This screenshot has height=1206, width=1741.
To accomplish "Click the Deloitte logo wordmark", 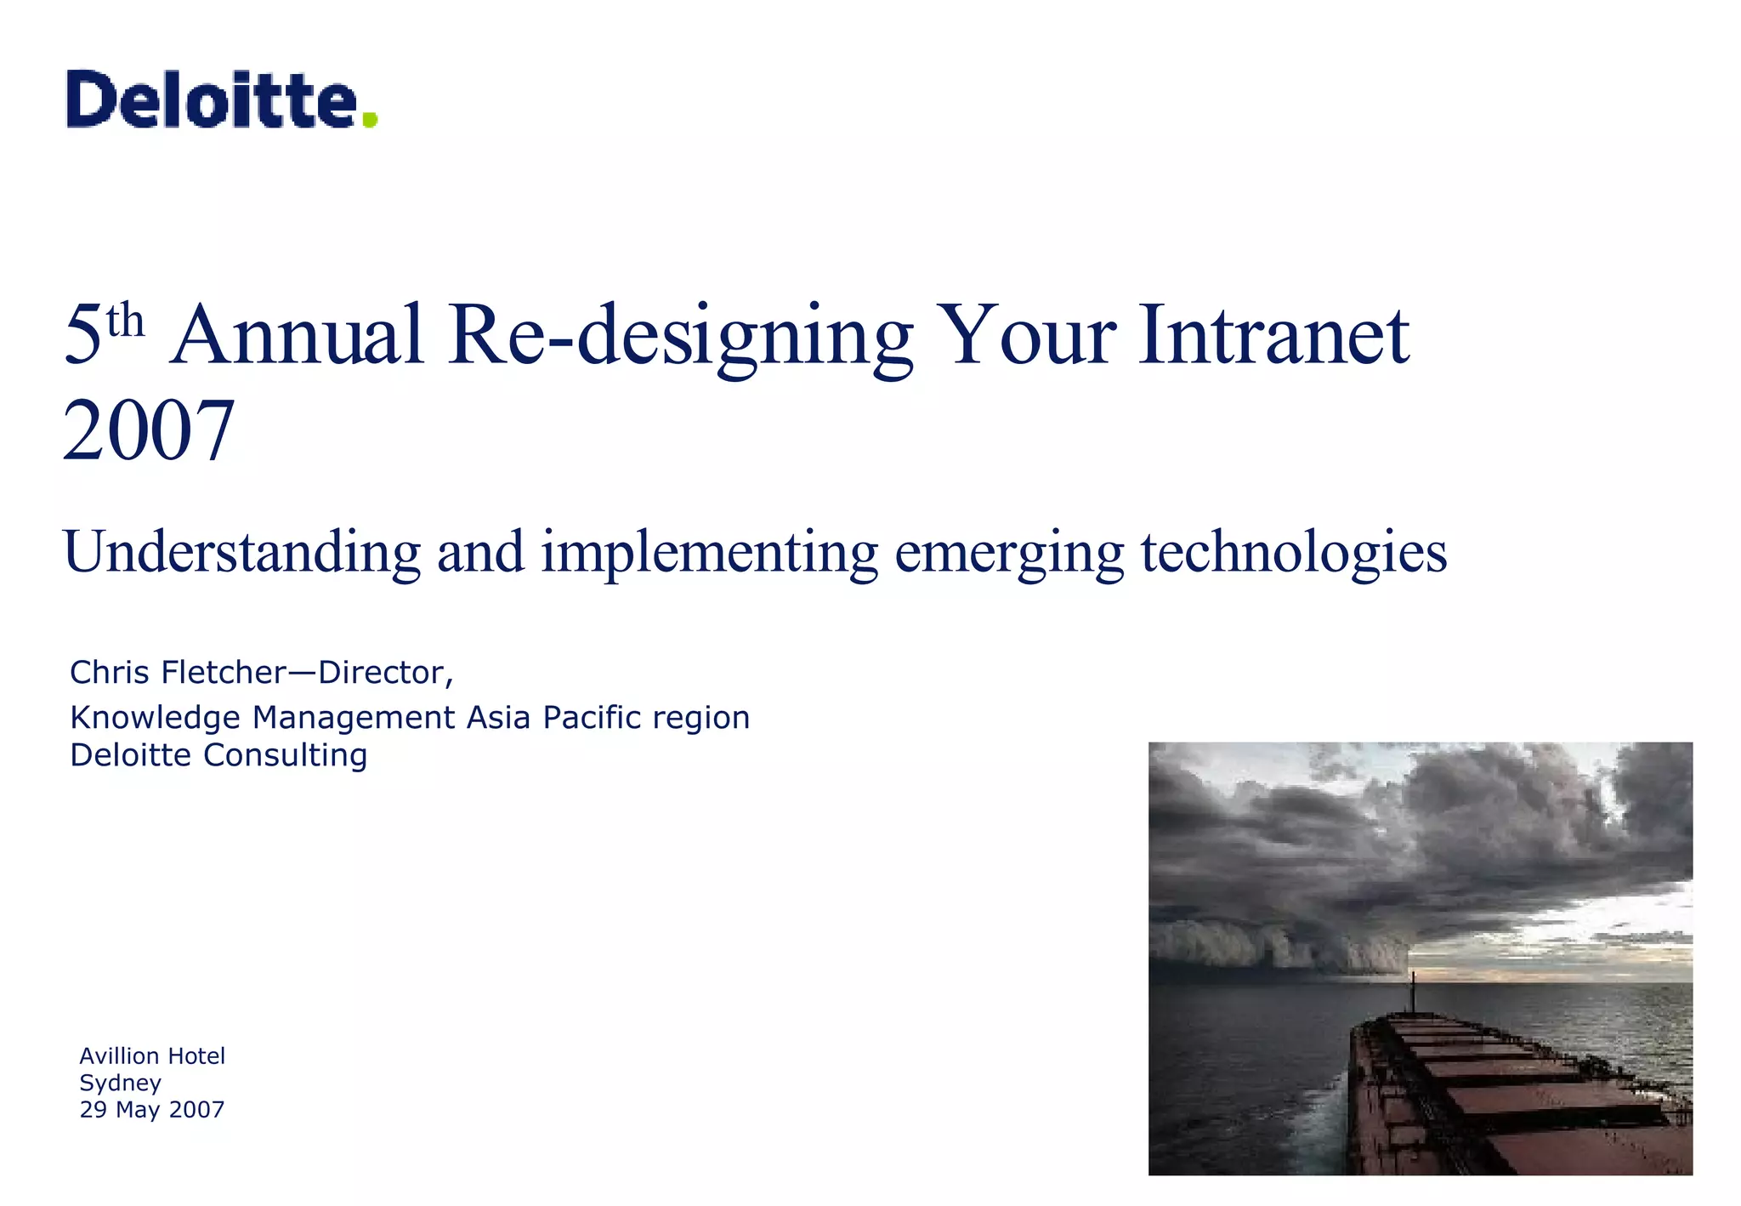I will (211, 100).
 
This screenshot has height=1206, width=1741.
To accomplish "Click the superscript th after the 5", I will (125, 321).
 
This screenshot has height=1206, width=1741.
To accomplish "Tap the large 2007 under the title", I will (149, 431).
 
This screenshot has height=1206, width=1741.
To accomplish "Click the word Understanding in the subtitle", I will (241, 553).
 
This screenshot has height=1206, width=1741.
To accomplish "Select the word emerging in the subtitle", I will (1009, 553).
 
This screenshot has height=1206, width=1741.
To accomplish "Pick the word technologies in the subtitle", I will (1293, 553).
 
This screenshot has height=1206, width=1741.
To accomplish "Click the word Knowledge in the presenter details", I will (156, 718).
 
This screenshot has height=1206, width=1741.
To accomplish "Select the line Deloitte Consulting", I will (218, 755).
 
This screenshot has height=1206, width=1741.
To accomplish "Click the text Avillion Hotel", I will (152, 1056).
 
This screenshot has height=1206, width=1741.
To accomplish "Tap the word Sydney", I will (120, 1083).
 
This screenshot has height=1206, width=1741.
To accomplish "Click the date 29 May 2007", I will (152, 1110).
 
